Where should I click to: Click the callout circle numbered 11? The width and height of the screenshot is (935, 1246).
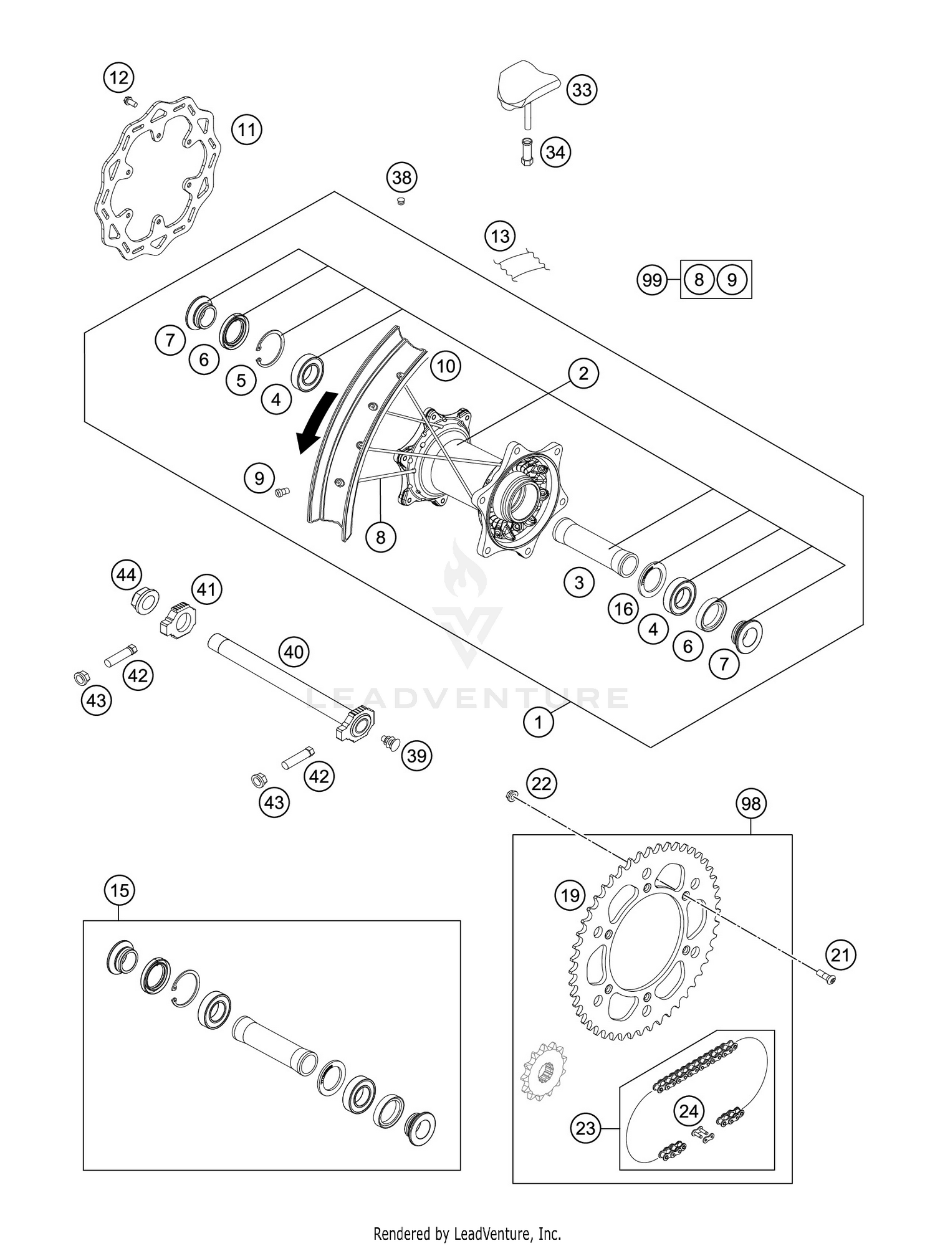coord(247,130)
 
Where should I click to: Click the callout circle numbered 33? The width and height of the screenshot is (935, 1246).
coord(582,90)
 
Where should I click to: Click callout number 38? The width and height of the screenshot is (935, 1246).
coord(401,178)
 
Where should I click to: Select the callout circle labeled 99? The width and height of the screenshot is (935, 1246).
coord(652,280)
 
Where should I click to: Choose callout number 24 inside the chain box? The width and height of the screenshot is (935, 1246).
coord(689,1111)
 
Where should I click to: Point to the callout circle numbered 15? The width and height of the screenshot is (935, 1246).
coord(120,890)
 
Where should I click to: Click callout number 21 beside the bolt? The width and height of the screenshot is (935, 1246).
coord(840,954)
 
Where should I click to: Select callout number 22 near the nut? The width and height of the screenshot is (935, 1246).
coord(541,783)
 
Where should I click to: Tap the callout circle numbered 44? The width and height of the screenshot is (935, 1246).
coord(127,574)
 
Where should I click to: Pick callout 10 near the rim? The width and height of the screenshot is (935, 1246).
coord(445,366)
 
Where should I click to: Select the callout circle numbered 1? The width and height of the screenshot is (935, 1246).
coord(539,722)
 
